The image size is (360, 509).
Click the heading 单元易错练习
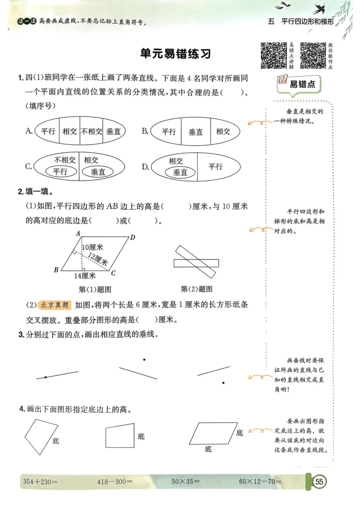tap(175, 54)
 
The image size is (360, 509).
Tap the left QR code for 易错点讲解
tap(274, 55)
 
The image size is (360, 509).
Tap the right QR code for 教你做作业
tap(313, 55)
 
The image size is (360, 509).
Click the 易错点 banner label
tap(302, 84)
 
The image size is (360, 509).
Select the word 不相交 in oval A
tap(91, 132)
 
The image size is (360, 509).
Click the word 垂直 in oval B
tap(196, 132)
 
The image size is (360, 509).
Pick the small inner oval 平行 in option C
tap(60, 171)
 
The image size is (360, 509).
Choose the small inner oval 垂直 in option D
tap(180, 172)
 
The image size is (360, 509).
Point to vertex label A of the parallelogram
tap(78, 233)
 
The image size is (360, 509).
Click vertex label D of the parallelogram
tap(133, 237)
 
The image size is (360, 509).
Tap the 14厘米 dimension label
tap(85, 276)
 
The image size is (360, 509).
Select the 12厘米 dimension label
tap(98, 259)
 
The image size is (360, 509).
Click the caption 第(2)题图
tap(196, 289)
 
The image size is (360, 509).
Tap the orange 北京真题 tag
tap(55, 305)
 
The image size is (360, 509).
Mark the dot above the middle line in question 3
tap(144, 359)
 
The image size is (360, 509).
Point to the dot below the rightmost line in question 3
tap(223, 383)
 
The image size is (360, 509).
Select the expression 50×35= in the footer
tap(185, 482)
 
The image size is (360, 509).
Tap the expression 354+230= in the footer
tap(40, 482)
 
